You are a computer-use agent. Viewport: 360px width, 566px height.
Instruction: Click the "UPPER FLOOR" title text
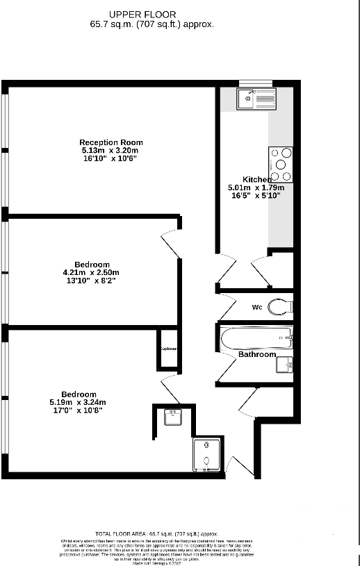click(142, 14)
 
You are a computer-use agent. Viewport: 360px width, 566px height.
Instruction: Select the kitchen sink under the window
click(256, 99)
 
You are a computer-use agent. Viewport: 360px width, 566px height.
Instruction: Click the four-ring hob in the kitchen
click(279, 165)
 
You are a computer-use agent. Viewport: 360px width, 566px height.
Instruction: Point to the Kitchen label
click(257, 179)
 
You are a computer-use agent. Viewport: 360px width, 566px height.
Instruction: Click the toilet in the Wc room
click(280, 306)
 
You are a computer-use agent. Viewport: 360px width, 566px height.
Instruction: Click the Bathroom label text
click(257, 354)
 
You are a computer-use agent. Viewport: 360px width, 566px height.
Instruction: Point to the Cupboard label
click(168, 349)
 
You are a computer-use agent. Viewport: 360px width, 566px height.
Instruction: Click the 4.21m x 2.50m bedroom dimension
click(91, 272)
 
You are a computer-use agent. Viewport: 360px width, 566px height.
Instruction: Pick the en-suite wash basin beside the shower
click(172, 417)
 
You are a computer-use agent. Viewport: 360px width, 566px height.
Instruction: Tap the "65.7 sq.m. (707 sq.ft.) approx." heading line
click(152, 24)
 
